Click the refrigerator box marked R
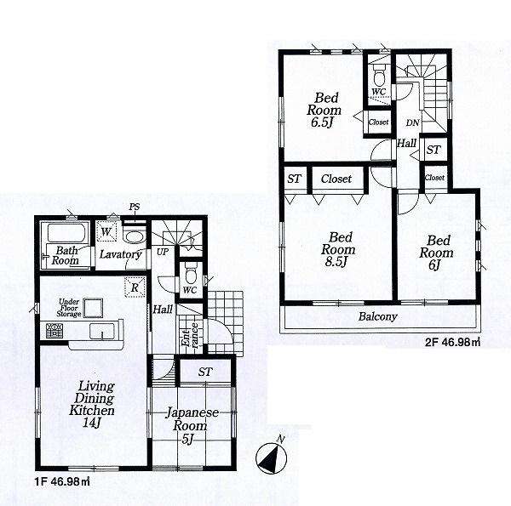pos(135,287)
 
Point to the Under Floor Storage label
pos(70,307)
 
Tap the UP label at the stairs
pos(162,252)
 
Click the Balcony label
pos(380,317)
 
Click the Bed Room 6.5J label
pos(325,110)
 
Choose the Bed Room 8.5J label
pos(338,250)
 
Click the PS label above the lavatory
pos(135,207)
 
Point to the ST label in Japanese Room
pos(205,372)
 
